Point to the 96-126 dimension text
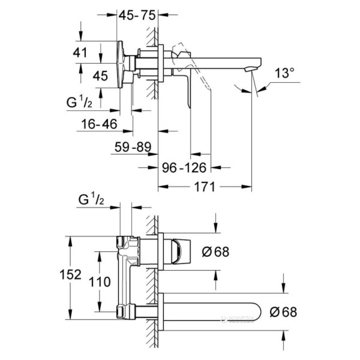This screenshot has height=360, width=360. click(x=184, y=167)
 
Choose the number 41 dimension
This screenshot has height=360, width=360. click(x=80, y=53)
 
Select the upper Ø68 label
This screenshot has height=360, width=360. click(x=215, y=252)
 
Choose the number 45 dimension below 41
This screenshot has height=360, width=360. click(x=100, y=76)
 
